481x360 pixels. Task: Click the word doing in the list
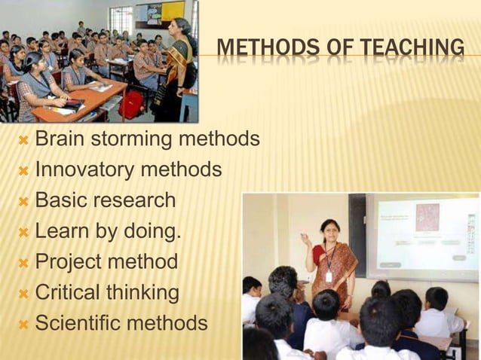(x=153, y=231)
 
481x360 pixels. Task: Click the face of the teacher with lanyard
(x=329, y=229)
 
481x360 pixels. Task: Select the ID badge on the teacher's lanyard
(x=329, y=276)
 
